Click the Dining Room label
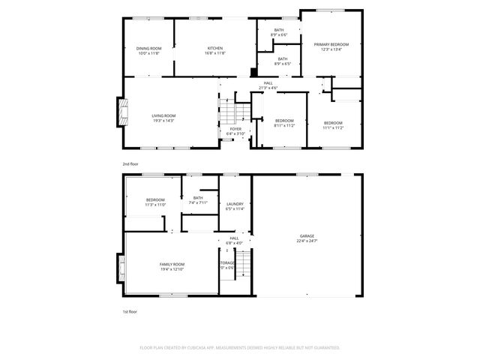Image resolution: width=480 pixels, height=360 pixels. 148,49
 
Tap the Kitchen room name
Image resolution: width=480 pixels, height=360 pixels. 215,49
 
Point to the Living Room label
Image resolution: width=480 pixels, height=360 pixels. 163,115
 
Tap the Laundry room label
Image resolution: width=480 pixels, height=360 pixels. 235,204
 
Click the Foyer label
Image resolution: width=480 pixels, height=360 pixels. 235,129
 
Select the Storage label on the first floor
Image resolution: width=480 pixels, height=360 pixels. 227,262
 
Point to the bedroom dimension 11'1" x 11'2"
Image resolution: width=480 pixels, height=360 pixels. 333,127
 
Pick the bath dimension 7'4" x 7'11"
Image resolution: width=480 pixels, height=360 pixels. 197,202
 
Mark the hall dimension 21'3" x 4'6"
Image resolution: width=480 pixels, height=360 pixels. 268,88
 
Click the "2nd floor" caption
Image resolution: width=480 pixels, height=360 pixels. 130,163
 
